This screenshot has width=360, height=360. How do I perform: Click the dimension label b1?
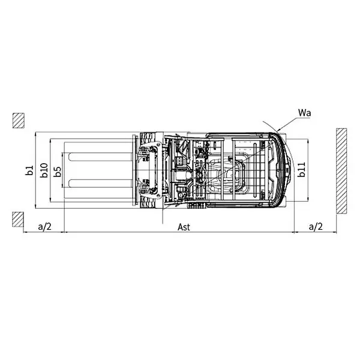pyautogui.click(x=29, y=170)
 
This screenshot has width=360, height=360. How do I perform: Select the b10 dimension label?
pyautogui.click(x=44, y=170)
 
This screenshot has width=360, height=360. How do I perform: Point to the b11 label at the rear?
pyautogui.click(x=302, y=170)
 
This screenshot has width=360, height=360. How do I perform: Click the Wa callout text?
pyautogui.click(x=303, y=112)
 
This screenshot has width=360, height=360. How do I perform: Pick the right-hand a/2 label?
pyautogui.click(x=316, y=226)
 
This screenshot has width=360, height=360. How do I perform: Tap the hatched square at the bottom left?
pyautogui.click(x=17, y=220)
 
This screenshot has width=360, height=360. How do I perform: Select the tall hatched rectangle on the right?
pyautogui.click(x=342, y=170)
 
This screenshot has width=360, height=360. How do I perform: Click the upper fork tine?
pyautogui.click(x=99, y=157)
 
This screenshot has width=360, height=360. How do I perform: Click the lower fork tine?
pyautogui.click(x=99, y=182)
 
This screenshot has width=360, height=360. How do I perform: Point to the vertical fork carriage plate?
pyautogui.click(x=132, y=170)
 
